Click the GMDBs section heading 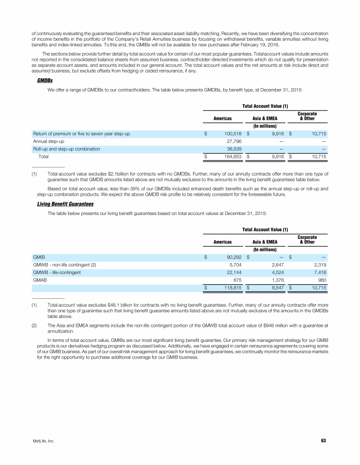coord(45,81)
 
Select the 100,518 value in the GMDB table coord(230,134)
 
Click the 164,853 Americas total coord(230,156)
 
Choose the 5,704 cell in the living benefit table coord(234,265)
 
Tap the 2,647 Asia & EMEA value coord(276,265)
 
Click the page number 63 coord(323,441)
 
